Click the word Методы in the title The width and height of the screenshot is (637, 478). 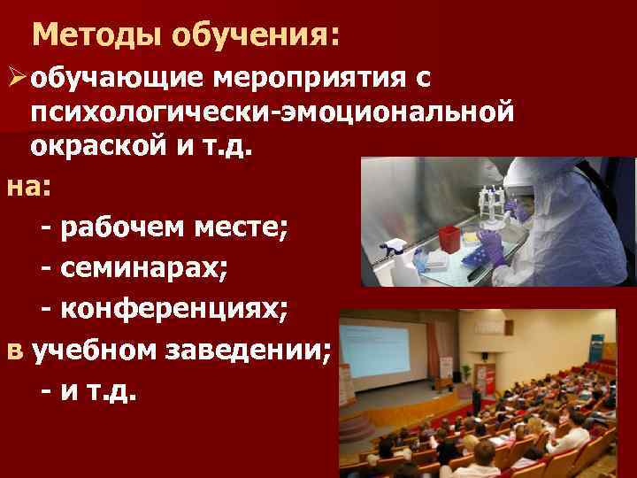(x=98, y=36)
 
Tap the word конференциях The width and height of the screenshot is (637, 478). (x=177, y=311)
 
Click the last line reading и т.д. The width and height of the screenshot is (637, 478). (x=98, y=392)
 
